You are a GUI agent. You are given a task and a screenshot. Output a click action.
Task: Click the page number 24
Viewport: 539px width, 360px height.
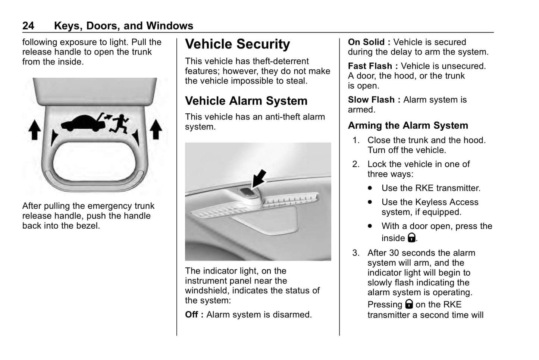28,26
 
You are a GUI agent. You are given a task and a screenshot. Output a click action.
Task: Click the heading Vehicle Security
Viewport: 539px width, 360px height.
237,44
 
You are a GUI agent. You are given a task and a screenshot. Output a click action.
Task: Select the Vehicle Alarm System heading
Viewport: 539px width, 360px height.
246,101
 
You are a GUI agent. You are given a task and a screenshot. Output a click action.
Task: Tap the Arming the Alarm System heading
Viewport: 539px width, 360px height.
408,125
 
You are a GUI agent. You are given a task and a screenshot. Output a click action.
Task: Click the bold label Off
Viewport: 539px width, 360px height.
194,314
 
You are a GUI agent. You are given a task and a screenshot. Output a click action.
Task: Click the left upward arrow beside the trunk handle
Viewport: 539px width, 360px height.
35,129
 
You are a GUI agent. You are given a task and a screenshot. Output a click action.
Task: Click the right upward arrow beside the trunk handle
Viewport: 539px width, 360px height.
156,129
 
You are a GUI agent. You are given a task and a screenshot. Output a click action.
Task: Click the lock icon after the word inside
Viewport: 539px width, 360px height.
411,238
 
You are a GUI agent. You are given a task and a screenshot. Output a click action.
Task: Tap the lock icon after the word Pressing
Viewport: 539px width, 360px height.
409,304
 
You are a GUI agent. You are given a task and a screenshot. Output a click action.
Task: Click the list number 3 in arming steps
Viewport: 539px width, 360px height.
356,253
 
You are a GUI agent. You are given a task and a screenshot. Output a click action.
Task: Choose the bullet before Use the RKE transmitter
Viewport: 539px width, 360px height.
370,188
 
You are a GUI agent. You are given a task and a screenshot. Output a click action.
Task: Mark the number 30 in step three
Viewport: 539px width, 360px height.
394,253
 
